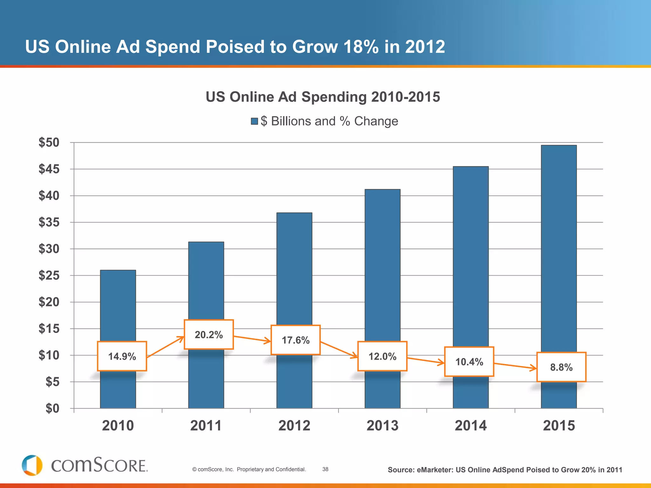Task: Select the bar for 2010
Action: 118,305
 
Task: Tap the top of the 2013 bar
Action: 382,190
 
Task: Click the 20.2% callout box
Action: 209,335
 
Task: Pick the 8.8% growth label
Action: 561,367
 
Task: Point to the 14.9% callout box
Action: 122,356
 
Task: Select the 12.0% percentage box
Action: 382,356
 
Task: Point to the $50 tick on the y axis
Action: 49,142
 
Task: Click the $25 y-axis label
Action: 49,275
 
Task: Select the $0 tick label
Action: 52,408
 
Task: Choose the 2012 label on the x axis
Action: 294,426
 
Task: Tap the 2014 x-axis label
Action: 470,426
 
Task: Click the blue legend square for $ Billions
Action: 254,121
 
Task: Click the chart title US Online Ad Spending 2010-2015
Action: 323,97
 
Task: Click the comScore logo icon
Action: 32,465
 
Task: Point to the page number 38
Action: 325,469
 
